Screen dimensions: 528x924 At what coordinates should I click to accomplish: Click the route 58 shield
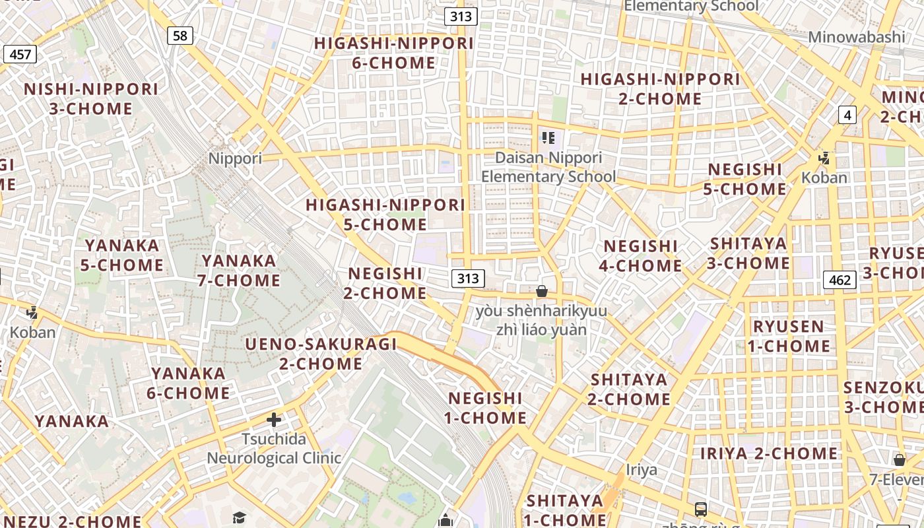[180, 36]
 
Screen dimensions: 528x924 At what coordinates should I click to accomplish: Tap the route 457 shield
[20, 54]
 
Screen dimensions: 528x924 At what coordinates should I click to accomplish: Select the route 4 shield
[847, 115]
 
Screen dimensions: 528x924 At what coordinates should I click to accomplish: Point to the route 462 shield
[840, 280]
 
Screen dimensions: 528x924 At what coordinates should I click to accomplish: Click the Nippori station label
[235, 158]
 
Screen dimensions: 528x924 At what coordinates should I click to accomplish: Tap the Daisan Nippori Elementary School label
[548, 167]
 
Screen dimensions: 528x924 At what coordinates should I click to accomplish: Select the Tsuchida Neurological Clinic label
[274, 448]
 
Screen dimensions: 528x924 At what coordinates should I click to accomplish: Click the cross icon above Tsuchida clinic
[274, 420]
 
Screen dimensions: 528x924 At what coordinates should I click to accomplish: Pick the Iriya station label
[642, 469]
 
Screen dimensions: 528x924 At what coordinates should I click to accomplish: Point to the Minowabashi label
[857, 37]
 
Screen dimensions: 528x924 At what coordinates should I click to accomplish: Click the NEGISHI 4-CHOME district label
[640, 255]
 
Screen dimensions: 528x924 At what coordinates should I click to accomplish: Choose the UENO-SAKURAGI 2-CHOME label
[321, 354]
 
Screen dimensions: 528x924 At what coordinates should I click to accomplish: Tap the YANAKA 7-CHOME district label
[239, 271]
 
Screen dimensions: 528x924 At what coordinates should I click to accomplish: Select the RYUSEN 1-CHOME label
[789, 336]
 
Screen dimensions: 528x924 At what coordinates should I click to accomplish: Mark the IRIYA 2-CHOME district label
[769, 453]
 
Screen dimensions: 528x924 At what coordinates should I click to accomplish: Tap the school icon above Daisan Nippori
[548, 138]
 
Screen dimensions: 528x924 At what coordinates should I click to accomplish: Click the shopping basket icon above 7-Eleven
[899, 460]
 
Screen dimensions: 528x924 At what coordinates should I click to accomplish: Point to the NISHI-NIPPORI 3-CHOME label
[91, 98]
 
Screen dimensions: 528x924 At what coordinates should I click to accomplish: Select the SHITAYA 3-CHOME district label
[748, 253]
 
